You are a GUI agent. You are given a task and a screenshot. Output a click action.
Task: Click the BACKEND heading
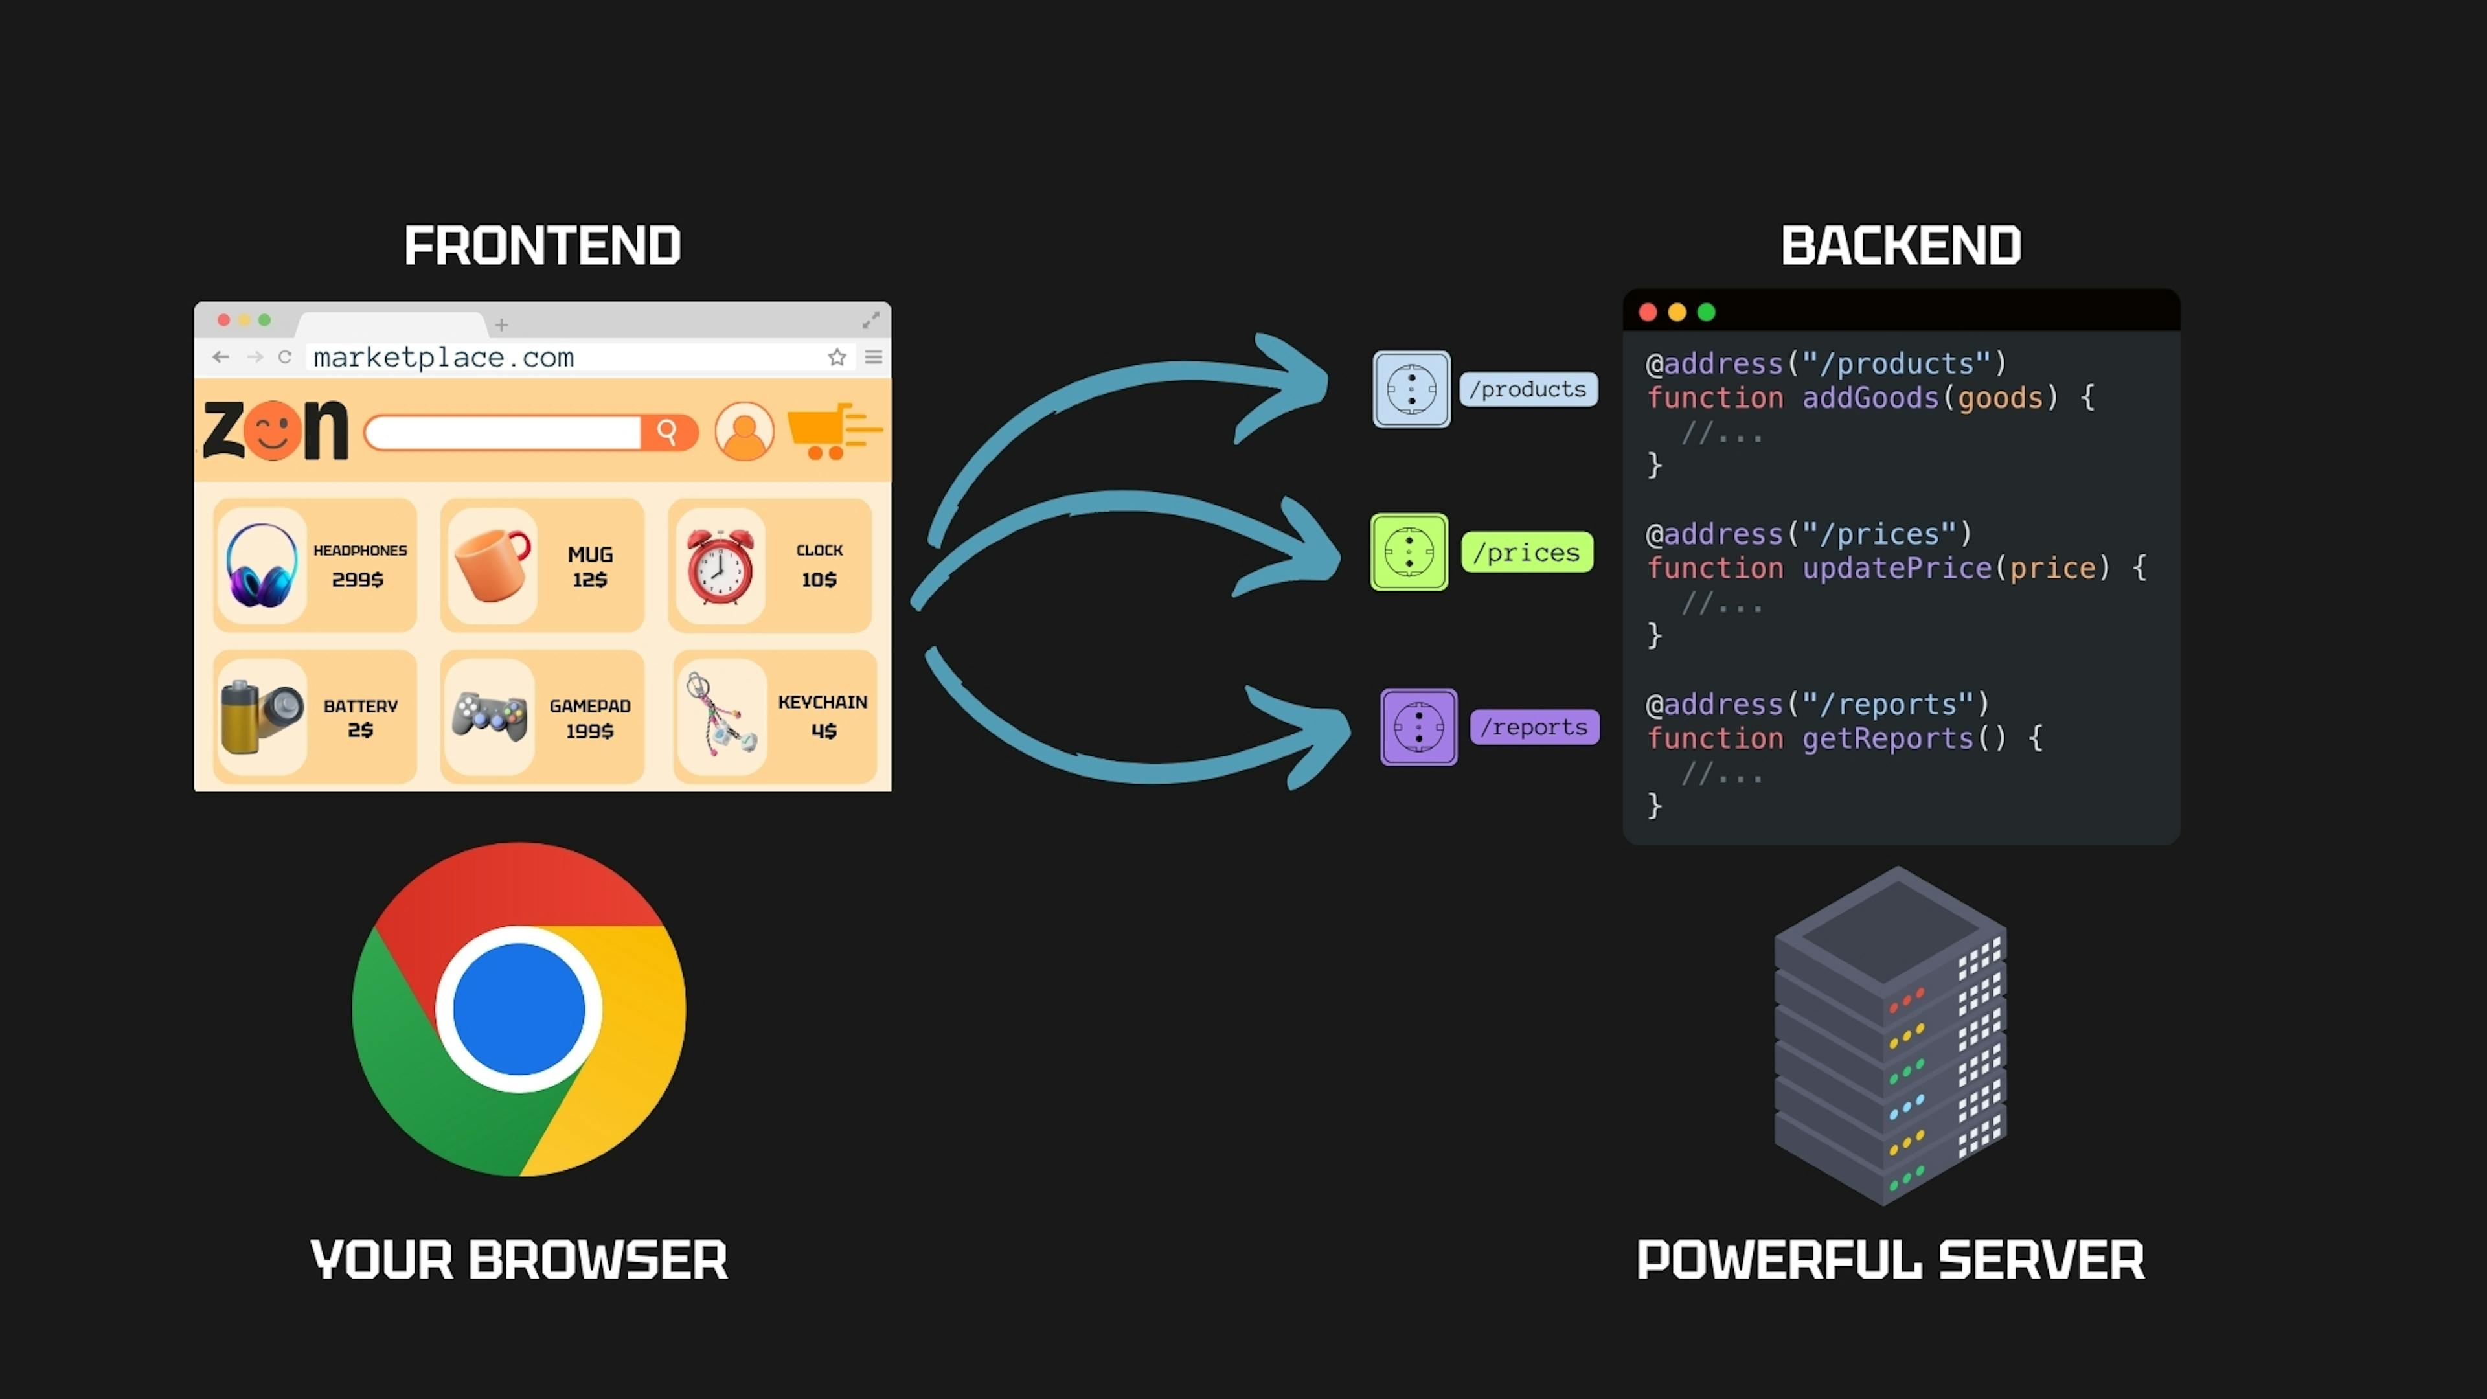(1900, 245)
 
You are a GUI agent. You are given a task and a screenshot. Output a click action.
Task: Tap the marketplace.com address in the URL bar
(443, 358)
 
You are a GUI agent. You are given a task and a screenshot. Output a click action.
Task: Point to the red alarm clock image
(720, 566)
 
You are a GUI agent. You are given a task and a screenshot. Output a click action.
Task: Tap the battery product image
(260, 716)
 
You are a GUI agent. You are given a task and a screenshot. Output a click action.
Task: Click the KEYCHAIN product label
(822, 702)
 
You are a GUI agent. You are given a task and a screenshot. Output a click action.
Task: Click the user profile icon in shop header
(744, 431)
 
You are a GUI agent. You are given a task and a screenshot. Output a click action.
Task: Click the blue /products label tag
(1528, 389)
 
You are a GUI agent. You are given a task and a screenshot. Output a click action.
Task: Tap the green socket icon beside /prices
(1409, 552)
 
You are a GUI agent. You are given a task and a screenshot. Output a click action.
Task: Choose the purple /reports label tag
(1534, 727)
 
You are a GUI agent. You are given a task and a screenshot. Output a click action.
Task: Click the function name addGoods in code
(1870, 398)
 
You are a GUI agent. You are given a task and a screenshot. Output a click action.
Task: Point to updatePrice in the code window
(1896, 568)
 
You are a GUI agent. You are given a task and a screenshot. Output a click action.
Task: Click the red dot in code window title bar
(1648, 312)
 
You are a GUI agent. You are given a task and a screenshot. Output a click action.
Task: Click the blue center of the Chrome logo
(518, 1009)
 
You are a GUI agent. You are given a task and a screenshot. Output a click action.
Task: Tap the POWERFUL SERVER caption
(1889, 1260)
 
